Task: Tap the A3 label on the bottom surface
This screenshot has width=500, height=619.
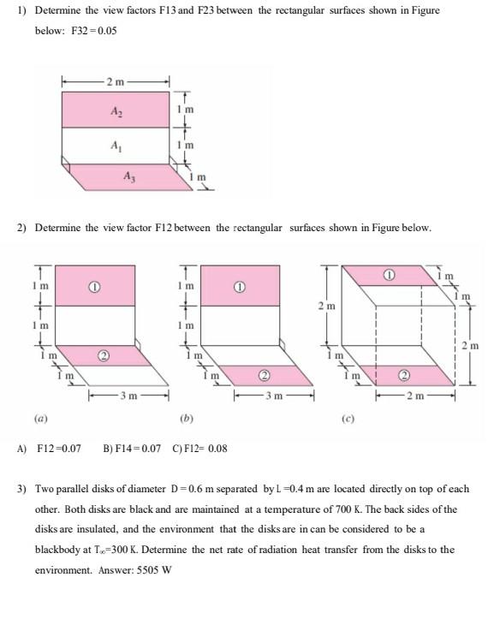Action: (x=128, y=177)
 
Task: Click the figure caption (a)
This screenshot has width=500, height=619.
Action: (x=41, y=420)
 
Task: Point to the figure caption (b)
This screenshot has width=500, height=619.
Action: (x=187, y=420)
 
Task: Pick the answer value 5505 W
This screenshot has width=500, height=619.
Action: (x=152, y=570)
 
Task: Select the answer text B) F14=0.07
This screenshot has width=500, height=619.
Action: (x=133, y=448)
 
